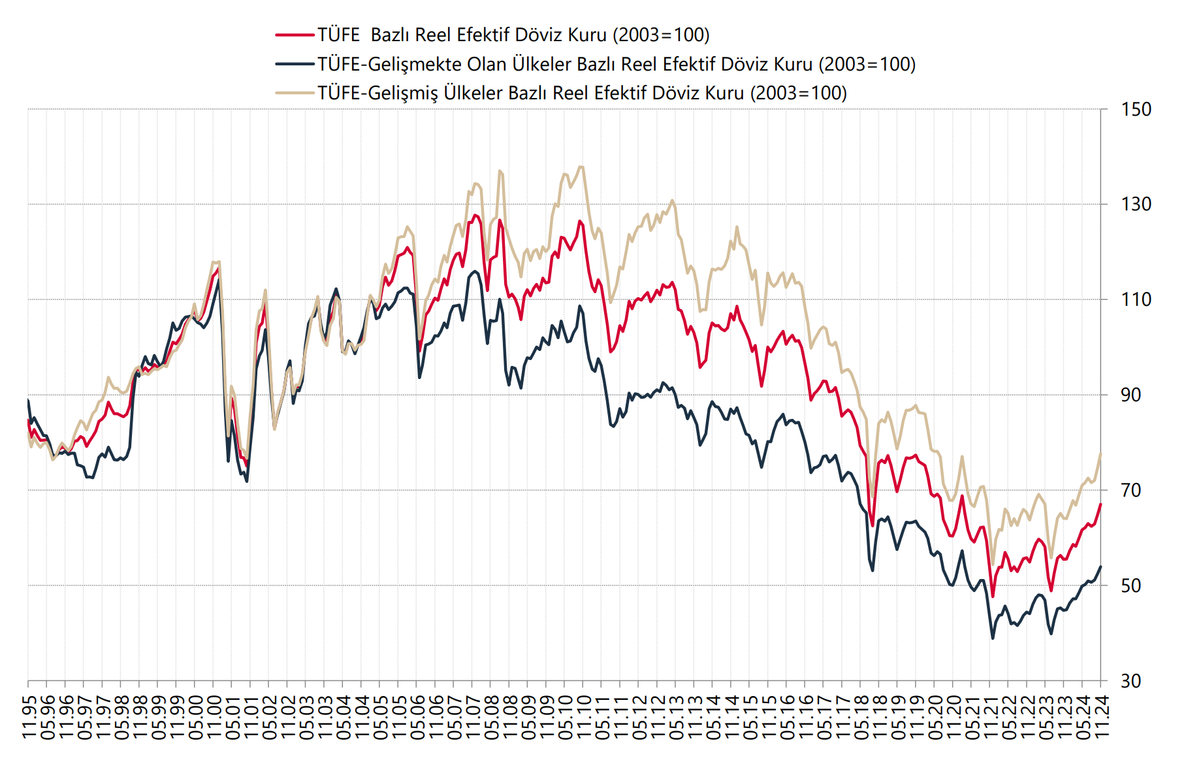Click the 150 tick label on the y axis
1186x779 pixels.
coord(1136,109)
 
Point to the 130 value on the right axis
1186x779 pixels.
coord(1136,204)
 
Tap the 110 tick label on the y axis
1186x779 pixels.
coord(1136,299)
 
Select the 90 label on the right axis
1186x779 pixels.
coord(1131,395)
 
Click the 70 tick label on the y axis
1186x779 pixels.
coord(1131,490)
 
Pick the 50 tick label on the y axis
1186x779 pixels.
coord(1131,586)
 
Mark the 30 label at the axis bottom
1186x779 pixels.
coord(1131,681)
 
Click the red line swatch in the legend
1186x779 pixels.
coord(295,35)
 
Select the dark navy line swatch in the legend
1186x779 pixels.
coord(295,64)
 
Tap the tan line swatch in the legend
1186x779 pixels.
coord(295,93)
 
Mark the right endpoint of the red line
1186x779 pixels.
coord(1101,504)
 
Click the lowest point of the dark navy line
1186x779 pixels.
coord(993,638)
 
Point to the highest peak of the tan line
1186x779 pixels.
coord(581,167)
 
